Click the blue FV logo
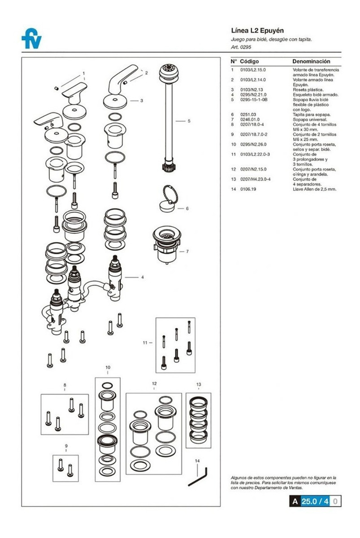[x=31, y=39]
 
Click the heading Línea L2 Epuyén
[x=257, y=31]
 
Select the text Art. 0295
[x=241, y=47]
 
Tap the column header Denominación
[x=311, y=61]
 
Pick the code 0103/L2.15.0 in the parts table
[x=253, y=70]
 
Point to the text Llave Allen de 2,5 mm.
[x=314, y=189]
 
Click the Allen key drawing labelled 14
[x=197, y=477]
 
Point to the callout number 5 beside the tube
[x=189, y=121]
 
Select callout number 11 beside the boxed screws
[x=145, y=343]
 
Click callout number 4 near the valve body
[x=143, y=277]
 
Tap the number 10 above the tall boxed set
[x=108, y=367]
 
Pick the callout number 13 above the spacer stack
[x=198, y=384]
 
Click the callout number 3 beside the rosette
[x=142, y=100]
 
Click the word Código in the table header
[x=250, y=61]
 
